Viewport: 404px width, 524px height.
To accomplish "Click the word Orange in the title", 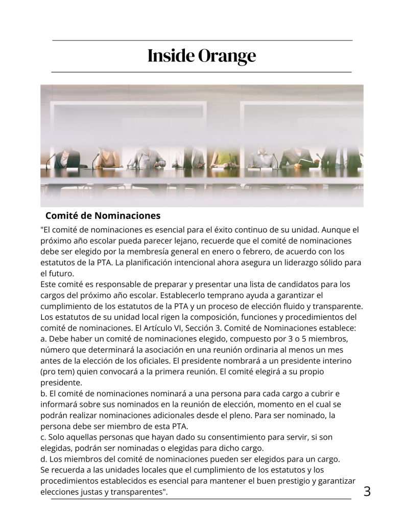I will tap(227, 56).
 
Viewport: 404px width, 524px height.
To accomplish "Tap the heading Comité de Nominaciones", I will tap(103, 215).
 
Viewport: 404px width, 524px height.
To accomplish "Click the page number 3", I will tap(367, 492).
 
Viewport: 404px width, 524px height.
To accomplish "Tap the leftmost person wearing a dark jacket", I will tap(67, 158).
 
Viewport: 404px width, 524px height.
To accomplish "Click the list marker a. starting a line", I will tap(43, 339).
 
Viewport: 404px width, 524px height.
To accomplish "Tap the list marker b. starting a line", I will tap(43, 394).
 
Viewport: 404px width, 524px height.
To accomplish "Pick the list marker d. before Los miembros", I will tap(43, 459).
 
